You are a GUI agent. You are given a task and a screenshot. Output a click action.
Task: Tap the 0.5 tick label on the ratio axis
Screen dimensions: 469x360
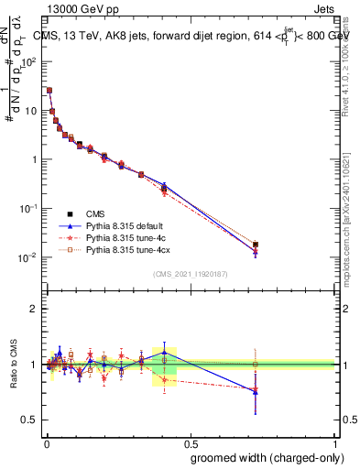[x=29, y=420]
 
